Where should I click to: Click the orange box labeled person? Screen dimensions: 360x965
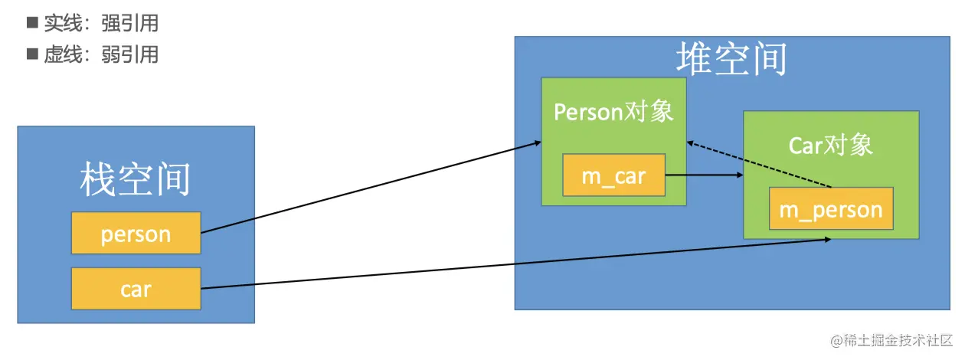pos(136,233)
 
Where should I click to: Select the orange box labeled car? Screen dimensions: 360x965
pos(136,289)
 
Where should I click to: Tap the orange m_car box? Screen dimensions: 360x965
pos(613,175)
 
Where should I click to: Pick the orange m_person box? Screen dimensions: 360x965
pos(831,208)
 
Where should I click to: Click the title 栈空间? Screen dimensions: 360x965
pos(136,180)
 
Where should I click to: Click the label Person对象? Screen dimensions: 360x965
pos(613,112)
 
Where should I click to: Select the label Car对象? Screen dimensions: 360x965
pos(831,145)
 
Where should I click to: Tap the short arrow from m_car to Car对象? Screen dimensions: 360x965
pos(705,175)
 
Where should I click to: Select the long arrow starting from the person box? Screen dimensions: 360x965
pos(368,187)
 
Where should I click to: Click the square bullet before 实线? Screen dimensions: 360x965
pos(32,23)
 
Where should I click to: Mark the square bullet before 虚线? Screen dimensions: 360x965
pos(32,54)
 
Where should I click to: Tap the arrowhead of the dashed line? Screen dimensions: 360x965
pos(690,142)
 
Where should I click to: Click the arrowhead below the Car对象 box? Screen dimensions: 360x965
pos(827,241)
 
